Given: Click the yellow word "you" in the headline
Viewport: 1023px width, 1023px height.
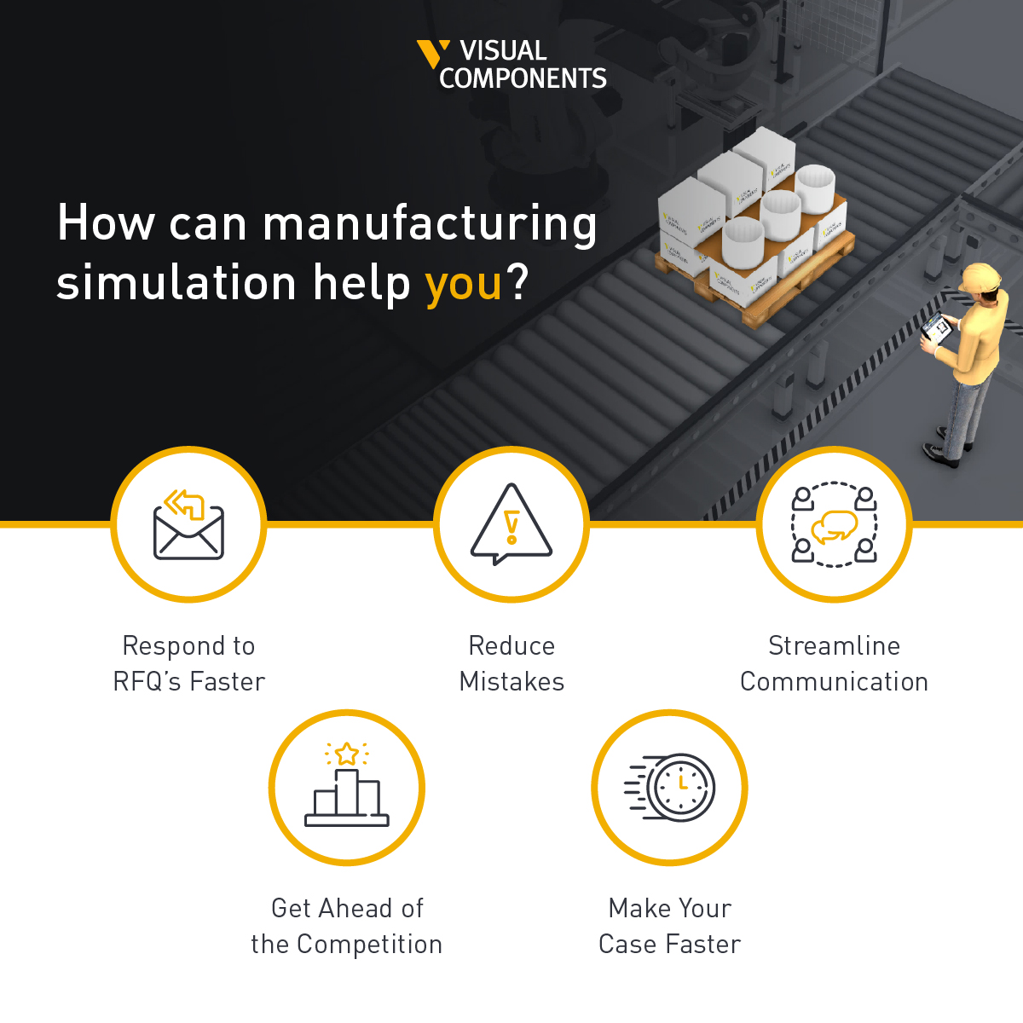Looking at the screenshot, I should pyautogui.click(x=463, y=284).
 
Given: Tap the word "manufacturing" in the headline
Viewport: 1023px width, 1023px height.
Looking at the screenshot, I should pyautogui.click(x=430, y=224).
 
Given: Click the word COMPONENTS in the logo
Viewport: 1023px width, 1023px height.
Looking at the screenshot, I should pyautogui.click(x=523, y=79).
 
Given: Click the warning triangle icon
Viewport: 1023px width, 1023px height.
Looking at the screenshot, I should pyautogui.click(x=511, y=524).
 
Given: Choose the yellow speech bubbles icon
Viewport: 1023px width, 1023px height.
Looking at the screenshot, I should pyautogui.click(x=834, y=527).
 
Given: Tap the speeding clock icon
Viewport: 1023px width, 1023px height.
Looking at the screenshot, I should pyautogui.click(x=671, y=787).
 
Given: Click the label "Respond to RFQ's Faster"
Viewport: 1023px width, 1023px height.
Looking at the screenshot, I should pyautogui.click(x=189, y=663).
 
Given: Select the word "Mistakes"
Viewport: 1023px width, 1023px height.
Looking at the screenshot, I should pyautogui.click(x=511, y=682).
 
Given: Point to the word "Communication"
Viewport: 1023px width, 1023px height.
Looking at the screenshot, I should pyautogui.click(x=834, y=682).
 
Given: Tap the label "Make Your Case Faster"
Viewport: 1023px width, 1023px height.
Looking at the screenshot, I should pyautogui.click(x=670, y=926).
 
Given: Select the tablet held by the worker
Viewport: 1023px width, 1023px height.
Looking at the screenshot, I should pyautogui.click(x=935, y=327).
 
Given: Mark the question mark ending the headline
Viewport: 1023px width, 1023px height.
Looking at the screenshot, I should pyautogui.click(x=517, y=282).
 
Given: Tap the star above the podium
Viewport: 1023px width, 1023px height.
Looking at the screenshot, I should pyautogui.click(x=347, y=754).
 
